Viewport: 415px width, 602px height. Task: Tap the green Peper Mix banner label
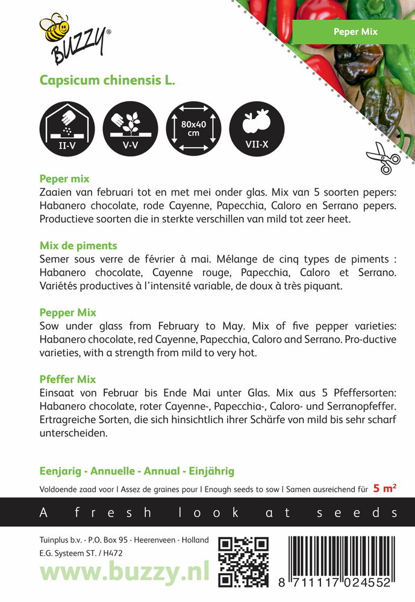355,31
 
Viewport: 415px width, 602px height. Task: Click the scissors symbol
383,157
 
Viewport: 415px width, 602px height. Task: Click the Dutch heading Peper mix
64,179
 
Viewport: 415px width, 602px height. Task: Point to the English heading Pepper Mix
67,313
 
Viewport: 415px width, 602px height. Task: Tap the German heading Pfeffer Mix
67,379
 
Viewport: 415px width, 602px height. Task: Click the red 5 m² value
384,489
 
